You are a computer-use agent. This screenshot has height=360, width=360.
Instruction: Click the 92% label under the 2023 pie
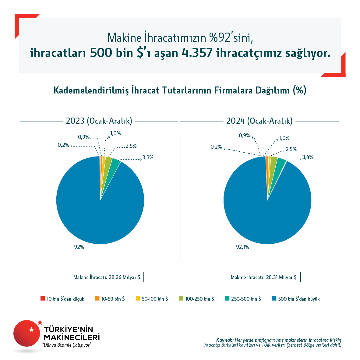click(79, 247)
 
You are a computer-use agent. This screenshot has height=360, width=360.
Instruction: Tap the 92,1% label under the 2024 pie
click(242, 247)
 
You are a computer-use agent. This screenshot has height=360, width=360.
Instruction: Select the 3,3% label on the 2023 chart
click(148, 158)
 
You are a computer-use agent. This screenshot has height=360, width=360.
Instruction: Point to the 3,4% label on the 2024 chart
click(308, 157)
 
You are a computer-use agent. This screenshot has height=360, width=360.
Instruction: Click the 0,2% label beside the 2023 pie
click(63, 145)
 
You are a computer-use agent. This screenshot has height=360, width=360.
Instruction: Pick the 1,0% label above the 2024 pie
click(284, 138)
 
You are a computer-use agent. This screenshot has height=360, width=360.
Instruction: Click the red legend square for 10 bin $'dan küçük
click(43, 299)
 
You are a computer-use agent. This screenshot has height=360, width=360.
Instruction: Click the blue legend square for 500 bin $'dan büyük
click(274, 299)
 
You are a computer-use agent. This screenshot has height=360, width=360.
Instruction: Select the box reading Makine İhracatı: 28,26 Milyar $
click(107, 277)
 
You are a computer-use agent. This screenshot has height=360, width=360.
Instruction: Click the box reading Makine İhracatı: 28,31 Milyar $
click(263, 277)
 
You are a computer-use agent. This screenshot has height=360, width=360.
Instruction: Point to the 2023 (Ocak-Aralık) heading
click(99, 121)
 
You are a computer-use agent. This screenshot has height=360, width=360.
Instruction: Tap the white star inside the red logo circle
click(31, 330)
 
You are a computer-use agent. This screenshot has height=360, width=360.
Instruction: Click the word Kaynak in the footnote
click(224, 340)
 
